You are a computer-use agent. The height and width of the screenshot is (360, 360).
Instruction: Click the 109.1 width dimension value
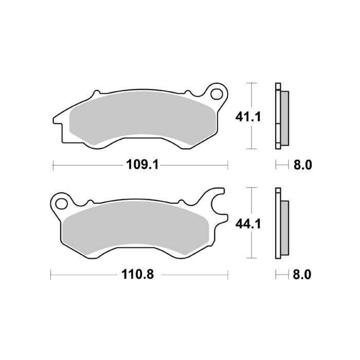click(140, 165)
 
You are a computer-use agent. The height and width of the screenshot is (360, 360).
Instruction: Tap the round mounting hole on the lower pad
click(61, 202)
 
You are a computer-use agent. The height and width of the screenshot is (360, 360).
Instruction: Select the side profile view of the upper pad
click(282, 116)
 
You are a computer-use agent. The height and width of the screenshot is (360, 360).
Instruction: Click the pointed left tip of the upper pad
click(53, 120)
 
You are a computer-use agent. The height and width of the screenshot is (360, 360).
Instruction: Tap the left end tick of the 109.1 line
click(54, 165)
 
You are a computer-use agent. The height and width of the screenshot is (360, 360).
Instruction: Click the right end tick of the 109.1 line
click(227, 165)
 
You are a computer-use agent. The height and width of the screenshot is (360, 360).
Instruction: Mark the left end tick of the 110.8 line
click(50, 275)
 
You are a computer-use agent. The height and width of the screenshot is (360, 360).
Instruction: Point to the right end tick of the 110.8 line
click(227, 275)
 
